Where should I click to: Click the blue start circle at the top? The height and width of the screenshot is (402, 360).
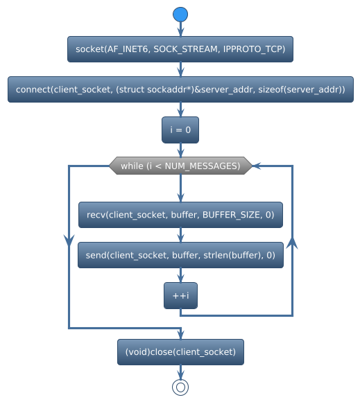pos(180,14)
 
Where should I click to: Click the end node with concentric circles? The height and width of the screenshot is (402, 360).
pos(180,387)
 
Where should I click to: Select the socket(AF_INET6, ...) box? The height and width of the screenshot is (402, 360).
pos(180,50)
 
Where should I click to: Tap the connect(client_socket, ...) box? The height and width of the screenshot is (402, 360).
pos(180,90)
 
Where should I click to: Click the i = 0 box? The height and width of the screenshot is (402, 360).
pos(180,130)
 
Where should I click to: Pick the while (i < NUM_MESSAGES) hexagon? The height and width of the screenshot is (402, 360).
pos(180,166)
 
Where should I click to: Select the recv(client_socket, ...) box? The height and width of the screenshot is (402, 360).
pos(180,216)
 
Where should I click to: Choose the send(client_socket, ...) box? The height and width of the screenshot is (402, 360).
pos(180,255)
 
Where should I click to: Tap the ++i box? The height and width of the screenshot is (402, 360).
pos(180,295)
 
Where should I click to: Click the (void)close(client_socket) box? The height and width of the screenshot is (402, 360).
pos(180,352)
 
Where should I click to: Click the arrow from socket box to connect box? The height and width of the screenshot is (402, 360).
pos(180,70)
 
